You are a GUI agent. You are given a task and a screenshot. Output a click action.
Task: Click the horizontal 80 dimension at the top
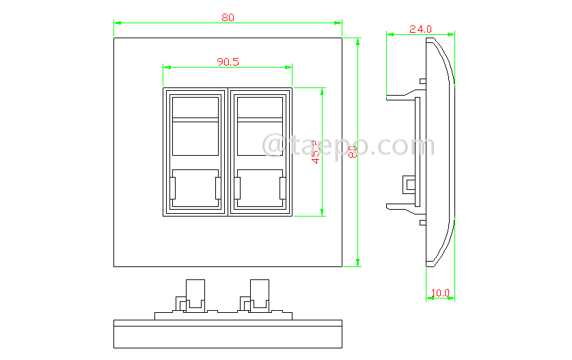pos(228,18)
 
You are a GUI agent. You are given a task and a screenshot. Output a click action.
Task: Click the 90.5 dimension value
pos(228,61)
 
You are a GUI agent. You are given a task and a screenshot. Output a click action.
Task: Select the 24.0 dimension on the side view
pos(420,29)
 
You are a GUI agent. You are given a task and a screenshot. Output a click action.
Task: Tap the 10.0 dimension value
pos(440,293)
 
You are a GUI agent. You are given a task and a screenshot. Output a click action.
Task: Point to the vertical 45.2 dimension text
pos(316,152)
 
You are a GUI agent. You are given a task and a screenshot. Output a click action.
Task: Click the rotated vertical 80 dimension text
pos(353,152)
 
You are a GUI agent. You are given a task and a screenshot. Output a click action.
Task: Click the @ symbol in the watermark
pos(274,146)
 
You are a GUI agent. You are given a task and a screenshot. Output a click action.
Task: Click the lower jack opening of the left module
pos(194,187)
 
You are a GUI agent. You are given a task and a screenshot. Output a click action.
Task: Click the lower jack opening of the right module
pos(259,187)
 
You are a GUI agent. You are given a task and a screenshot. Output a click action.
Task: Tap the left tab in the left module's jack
pos(173,188)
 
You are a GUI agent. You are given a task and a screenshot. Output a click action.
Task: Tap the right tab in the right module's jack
pos(282,188)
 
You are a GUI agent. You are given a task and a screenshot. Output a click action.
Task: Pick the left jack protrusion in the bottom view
pos(194,292)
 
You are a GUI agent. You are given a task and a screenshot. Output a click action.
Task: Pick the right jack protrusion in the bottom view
pos(260,292)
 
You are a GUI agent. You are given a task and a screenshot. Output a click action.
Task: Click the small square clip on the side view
pos(409,184)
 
